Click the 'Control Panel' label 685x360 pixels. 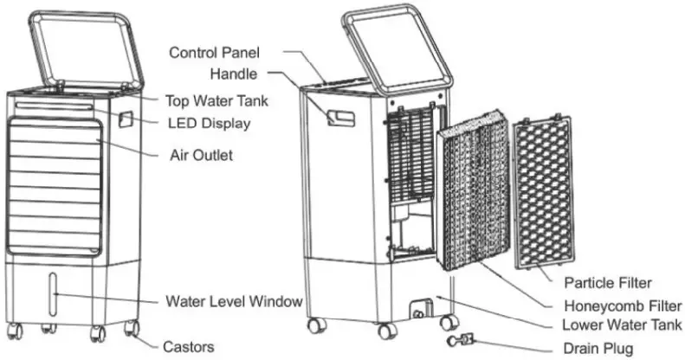coord(214,53)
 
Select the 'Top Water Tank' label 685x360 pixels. coord(216,100)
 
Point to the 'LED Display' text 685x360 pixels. coord(209,124)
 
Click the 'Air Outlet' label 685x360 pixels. coord(200,156)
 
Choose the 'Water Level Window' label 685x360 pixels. coord(234,302)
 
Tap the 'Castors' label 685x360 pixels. coord(190,346)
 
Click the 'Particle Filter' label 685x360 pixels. coord(607,283)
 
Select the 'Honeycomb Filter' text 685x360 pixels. coord(622,305)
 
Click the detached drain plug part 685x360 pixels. coord(461,343)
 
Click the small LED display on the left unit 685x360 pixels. coord(126,117)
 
